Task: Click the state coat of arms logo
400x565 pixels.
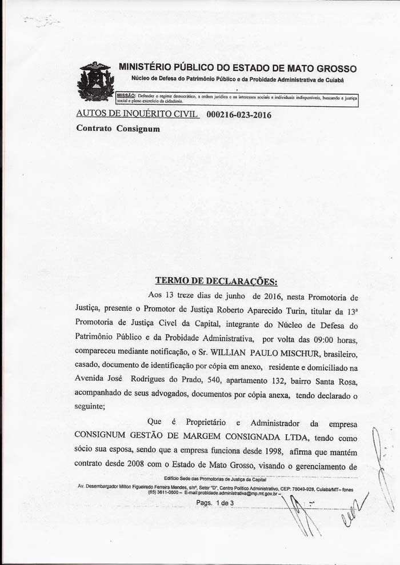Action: (95, 82)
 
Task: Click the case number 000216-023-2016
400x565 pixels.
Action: (238, 115)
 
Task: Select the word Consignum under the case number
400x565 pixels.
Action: (138, 129)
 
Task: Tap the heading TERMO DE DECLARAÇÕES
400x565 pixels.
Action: (216, 281)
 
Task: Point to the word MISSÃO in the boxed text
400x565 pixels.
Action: (126, 97)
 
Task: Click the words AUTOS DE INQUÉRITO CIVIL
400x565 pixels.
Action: (137, 114)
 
